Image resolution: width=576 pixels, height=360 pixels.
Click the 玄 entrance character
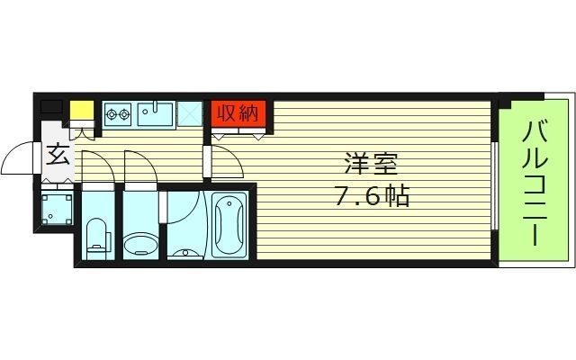56,156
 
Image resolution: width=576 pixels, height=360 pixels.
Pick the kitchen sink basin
160,114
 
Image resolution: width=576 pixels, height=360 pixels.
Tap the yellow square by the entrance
82,110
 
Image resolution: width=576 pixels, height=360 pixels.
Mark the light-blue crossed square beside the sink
191,113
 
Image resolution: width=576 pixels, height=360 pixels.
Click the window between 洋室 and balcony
498,184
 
